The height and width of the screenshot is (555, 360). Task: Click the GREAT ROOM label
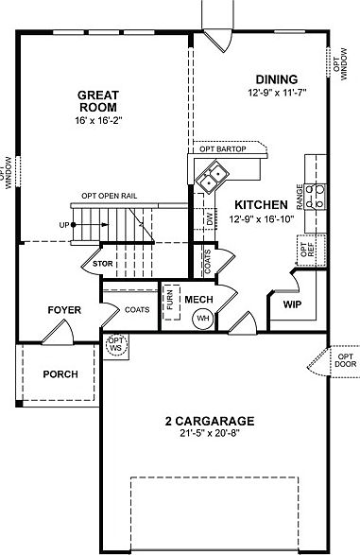97,101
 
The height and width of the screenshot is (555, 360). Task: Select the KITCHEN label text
262,204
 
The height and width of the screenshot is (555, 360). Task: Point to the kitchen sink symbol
212,173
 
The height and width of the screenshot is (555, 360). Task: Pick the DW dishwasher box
209,218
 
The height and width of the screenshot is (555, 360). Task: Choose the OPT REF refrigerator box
305,250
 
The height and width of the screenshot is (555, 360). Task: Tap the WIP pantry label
291,305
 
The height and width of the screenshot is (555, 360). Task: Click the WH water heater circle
202,319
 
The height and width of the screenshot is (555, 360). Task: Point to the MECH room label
199,300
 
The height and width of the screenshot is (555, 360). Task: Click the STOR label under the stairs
102,265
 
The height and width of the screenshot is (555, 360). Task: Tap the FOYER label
65,309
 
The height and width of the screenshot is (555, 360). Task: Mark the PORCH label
60,374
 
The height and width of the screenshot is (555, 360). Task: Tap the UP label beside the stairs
63,225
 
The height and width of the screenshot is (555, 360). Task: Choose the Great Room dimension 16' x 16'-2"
97,122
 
